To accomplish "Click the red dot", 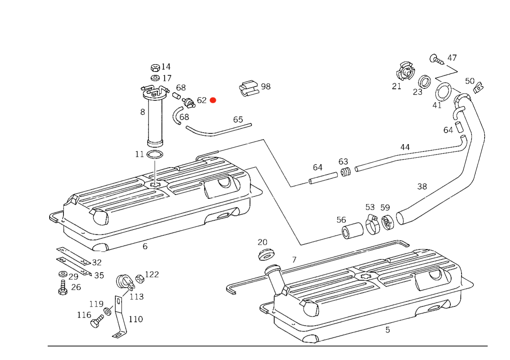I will click(x=213, y=100).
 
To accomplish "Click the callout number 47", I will click(x=452, y=58).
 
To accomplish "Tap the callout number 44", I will click(x=404, y=147).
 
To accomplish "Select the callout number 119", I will click(x=136, y=319).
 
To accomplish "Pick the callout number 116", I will click(x=84, y=315).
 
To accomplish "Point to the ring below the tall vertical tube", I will click(x=155, y=155).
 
